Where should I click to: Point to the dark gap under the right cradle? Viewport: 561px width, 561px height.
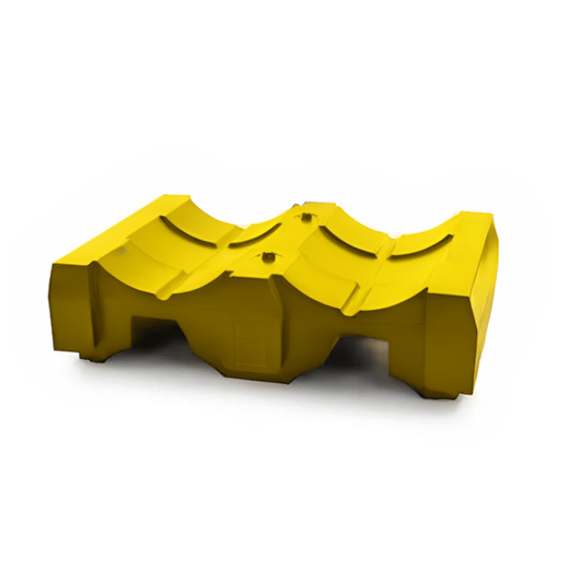tap(362, 350)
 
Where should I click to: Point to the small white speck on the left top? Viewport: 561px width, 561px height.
tap(123, 250)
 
